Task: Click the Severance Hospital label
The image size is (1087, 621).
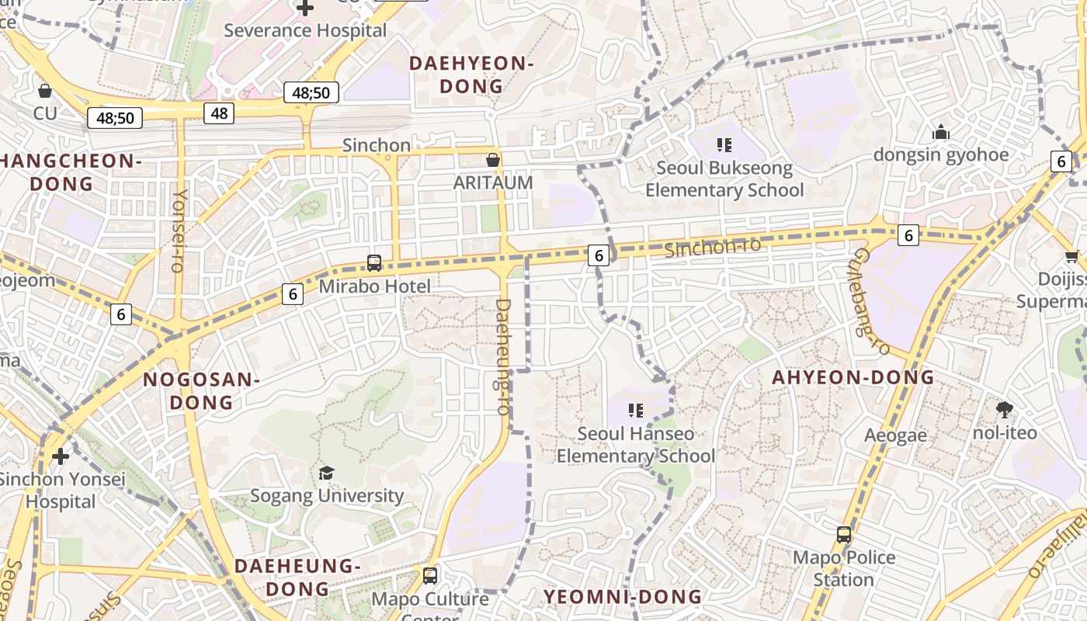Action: tap(305, 30)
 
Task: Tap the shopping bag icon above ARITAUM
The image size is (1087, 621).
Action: tap(492, 160)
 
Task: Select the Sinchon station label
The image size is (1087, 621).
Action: tap(377, 145)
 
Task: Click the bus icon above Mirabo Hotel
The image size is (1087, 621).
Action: tap(374, 262)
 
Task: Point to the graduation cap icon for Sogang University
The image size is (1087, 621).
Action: tap(327, 473)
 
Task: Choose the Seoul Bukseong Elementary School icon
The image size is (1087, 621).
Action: tap(724, 144)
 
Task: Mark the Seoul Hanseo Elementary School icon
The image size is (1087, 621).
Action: tap(636, 410)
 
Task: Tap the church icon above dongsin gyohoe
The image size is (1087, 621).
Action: tap(941, 132)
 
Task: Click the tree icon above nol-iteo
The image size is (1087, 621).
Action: tap(1005, 409)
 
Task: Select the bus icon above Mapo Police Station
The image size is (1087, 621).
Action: tap(844, 534)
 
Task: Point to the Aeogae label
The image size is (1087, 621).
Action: tap(895, 435)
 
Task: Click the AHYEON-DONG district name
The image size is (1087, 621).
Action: tap(853, 377)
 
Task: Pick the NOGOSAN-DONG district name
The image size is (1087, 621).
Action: tap(201, 390)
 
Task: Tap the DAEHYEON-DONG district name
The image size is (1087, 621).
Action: tap(471, 75)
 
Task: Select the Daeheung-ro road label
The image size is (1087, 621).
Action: tap(503, 356)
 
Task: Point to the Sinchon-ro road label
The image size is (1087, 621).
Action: tap(713, 248)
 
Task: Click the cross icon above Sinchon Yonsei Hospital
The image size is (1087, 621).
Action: tap(61, 456)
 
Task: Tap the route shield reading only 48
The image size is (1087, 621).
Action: tap(220, 113)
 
